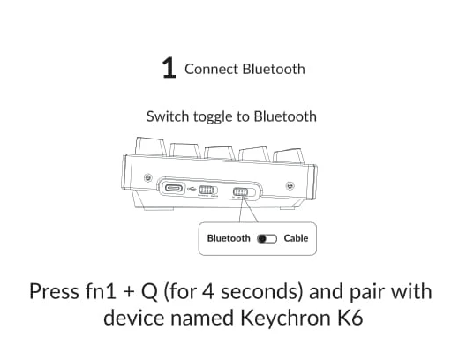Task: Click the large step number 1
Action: (x=169, y=68)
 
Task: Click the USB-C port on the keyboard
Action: (x=174, y=188)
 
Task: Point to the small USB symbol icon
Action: (x=192, y=189)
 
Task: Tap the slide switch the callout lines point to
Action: (x=241, y=192)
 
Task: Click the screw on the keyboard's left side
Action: (x=148, y=177)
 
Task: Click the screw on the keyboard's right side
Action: (x=290, y=185)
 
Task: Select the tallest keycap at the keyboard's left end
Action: (x=150, y=146)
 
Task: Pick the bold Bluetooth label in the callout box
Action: (x=229, y=238)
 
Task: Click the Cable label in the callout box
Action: (x=296, y=238)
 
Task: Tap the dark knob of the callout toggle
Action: (x=262, y=239)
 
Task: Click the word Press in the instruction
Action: (x=54, y=291)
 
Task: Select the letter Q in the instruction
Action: (x=149, y=292)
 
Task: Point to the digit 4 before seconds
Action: (x=208, y=291)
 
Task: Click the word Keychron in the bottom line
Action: (x=285, y=319)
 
